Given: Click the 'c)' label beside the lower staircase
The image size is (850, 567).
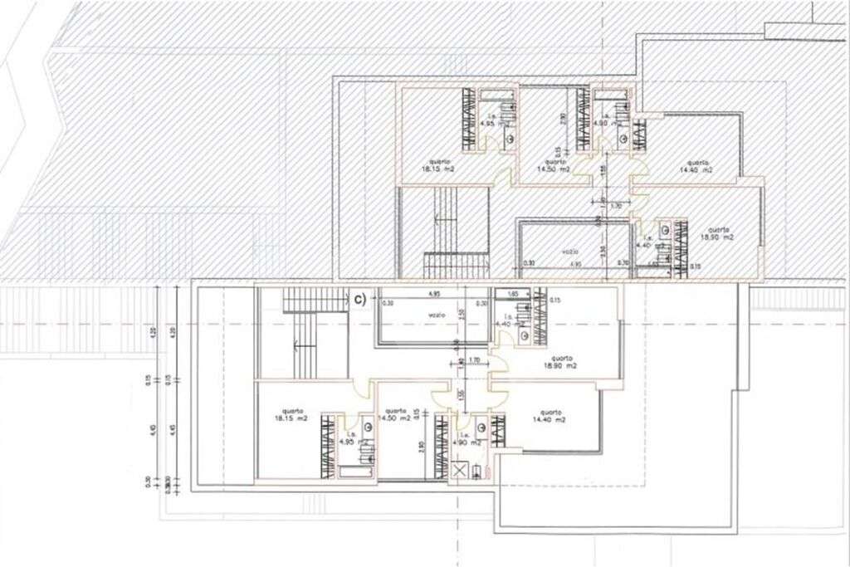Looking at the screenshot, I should point(359,296).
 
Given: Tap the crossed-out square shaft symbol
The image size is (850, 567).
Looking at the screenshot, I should point(459,471).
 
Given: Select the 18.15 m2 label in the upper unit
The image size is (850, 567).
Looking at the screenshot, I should point(438,165).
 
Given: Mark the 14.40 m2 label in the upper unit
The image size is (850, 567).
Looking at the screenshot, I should point(696,166).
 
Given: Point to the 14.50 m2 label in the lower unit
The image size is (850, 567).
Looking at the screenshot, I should point(395,415).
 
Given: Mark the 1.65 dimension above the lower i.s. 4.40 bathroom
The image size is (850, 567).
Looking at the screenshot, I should point(512,294).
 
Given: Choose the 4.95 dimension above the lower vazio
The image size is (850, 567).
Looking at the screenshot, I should point(433,294).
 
